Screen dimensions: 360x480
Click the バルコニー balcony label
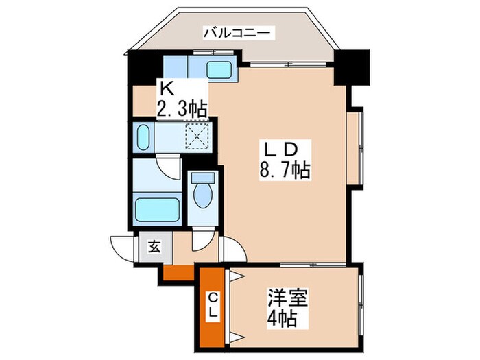(x=239, y=32)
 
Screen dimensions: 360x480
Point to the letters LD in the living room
(x=280, y=148)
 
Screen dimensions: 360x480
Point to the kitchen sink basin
(x=219, y=70)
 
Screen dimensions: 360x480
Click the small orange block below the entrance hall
(x=179, y=272)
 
